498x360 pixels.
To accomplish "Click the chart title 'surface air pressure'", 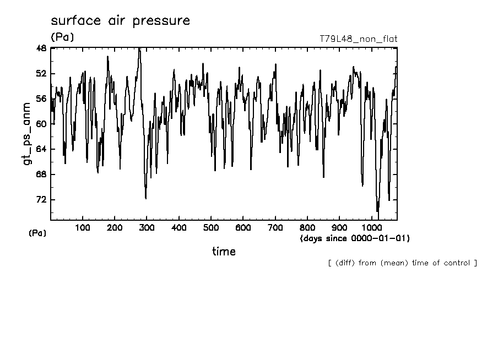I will click(120, 21).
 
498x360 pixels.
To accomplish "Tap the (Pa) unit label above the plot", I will click(62, 37).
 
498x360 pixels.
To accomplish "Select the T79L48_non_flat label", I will click(358, 39).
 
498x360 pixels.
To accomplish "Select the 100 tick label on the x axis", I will click(83, 228).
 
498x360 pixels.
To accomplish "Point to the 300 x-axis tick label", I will click(147, 228).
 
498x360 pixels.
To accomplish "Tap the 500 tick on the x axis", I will click(211, 228).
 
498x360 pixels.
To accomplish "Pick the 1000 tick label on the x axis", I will click(371, 228).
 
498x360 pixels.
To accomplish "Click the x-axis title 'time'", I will click(224, 252).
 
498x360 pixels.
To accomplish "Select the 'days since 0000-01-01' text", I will click(355, 238).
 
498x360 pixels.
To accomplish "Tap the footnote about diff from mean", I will click(402, 263).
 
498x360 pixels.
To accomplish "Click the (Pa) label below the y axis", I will click(37, 233).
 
